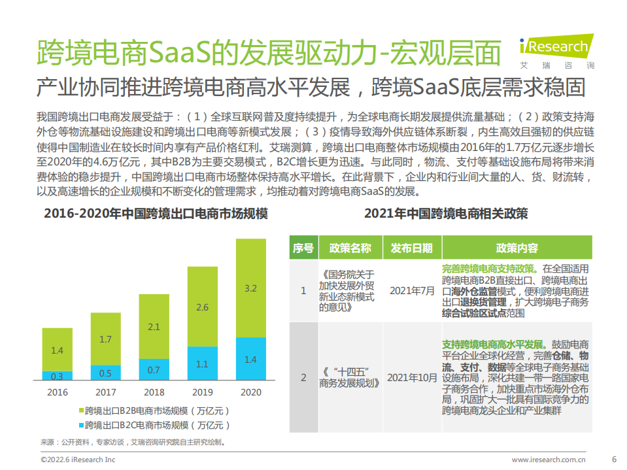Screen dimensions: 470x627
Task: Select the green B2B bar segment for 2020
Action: point(250,288)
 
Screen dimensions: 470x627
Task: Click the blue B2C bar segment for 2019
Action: point(203,363)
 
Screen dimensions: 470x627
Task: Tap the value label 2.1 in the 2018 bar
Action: point(154,327)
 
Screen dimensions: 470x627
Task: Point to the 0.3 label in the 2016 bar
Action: point(58,376)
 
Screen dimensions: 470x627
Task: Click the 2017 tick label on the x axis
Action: point(106,392)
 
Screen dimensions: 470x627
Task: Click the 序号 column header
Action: point(303,248)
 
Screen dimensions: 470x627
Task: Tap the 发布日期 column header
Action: point(411,248)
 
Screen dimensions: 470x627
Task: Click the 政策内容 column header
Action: point(517,248)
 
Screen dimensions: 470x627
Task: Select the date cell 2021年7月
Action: point(411,290)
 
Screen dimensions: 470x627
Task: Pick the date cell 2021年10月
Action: point(411,378)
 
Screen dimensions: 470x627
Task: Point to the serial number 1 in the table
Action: point(303,290)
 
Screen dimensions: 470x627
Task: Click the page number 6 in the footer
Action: point(613,459)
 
